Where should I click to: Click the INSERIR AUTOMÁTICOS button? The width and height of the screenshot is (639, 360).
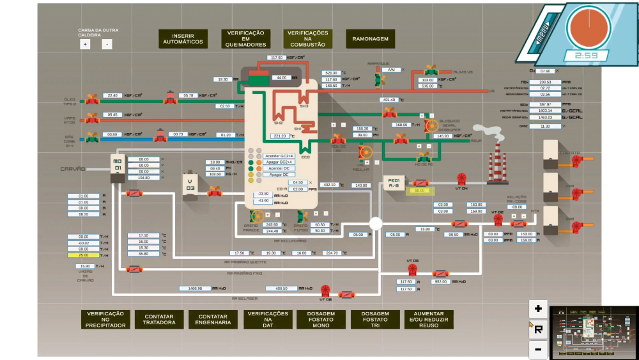point(183,39)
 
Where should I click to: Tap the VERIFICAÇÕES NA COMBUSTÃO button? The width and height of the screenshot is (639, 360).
point(307,39)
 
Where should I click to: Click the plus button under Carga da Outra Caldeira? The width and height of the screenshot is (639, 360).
point(85,45)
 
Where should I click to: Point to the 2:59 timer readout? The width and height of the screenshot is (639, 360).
point(586,56)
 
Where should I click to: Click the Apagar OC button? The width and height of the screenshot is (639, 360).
point(279,175)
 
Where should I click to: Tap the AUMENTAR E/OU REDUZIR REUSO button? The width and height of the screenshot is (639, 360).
point(429,319)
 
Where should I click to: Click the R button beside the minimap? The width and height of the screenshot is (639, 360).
point(538,329)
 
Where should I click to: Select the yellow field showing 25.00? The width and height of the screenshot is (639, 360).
point(84,255)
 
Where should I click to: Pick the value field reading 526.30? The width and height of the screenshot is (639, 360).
point(330,74)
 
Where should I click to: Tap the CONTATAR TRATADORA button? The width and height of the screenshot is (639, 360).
point(159,319)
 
